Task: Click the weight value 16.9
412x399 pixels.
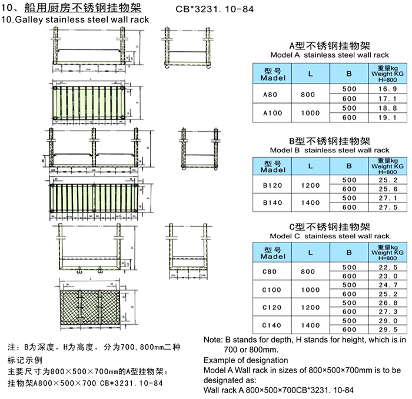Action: coord(386,88)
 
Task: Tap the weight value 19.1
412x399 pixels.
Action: coord(386,117)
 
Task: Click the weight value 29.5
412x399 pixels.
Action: coord(386,330)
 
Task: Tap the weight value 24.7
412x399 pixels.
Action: coord(386,285)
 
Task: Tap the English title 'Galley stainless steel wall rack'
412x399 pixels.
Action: coord(82,19)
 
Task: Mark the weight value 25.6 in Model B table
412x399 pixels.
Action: coord(386,189)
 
